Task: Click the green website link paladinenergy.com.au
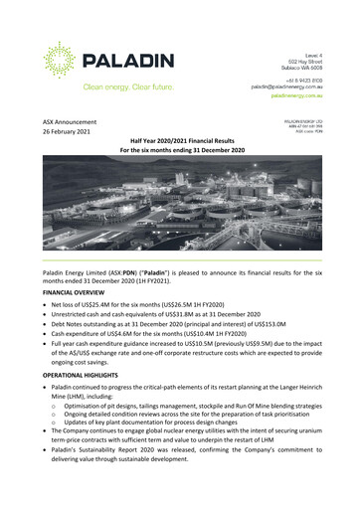coord(310,97)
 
